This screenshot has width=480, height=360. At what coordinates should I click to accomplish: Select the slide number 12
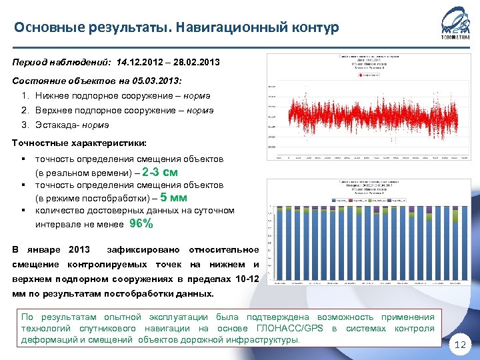(x=461, y=345)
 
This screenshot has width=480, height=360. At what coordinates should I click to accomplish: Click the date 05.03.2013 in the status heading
(x=146, y=81)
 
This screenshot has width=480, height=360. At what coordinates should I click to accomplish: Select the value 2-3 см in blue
(x=160, y=173)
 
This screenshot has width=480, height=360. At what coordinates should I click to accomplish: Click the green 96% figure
(x=141, y=224)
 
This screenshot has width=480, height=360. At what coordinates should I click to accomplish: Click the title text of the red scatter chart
(x=363, y=62)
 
